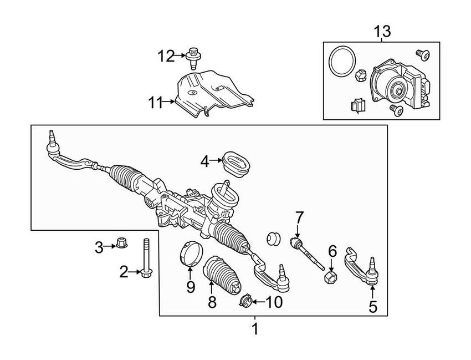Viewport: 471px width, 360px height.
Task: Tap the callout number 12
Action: tap(165, 55)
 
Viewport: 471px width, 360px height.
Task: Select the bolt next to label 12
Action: tap(193, 56)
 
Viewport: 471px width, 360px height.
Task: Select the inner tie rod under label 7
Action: tap(309, 253)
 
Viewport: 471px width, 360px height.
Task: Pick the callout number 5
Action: tap(372, 306)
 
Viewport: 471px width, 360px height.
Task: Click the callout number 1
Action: tap(255, 329)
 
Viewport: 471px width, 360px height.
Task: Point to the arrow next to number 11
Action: tap(169, 102)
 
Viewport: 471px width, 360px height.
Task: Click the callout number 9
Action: tap(191, 287)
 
